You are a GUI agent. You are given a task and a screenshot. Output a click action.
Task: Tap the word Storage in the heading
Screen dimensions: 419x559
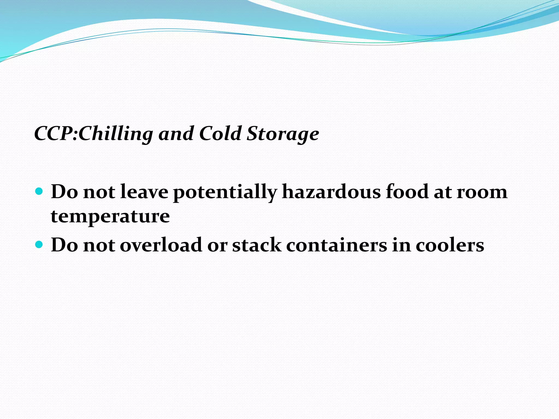283,134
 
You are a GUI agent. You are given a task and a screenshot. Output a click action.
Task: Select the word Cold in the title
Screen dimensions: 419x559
221,134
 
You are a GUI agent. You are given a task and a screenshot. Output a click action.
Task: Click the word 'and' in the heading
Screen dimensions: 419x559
176,134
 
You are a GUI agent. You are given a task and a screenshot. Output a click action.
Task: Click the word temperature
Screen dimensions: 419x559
110,216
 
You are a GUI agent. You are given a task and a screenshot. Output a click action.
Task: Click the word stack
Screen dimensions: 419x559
257,245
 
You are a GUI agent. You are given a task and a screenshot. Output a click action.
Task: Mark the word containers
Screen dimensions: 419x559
336,245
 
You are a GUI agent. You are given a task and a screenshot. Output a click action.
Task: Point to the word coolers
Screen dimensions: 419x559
450,245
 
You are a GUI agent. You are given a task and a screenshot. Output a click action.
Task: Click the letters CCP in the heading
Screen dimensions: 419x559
55,134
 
